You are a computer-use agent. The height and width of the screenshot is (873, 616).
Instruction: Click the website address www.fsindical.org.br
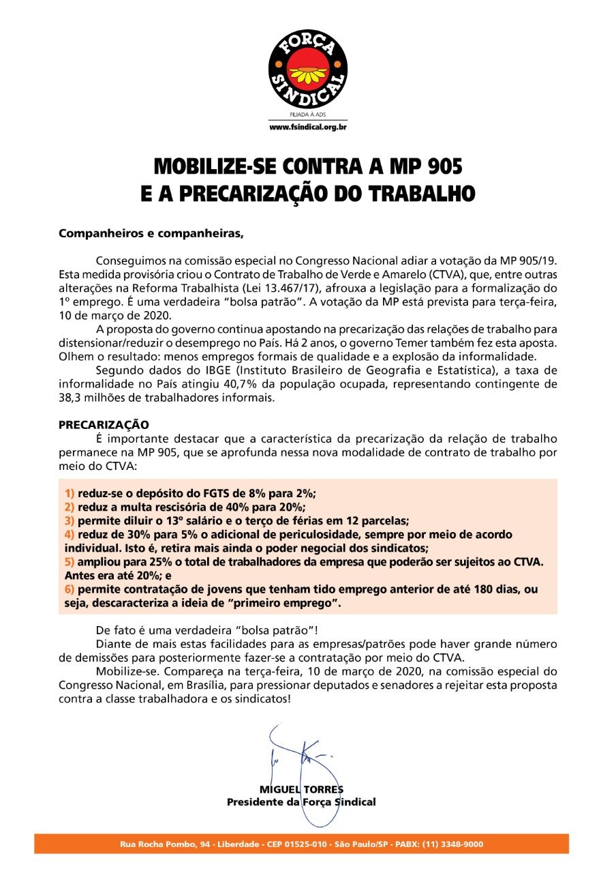pyautogui.click(x=307, y=128)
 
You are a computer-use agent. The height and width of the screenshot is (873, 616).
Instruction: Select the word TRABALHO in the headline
pyautogui.click(x=418, y=192)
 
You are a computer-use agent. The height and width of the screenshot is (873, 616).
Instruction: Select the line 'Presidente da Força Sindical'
pyautogui.click(x=301, y=801)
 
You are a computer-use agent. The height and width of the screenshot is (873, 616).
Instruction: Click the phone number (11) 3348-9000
pyautogui.click(x=452, y=844)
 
